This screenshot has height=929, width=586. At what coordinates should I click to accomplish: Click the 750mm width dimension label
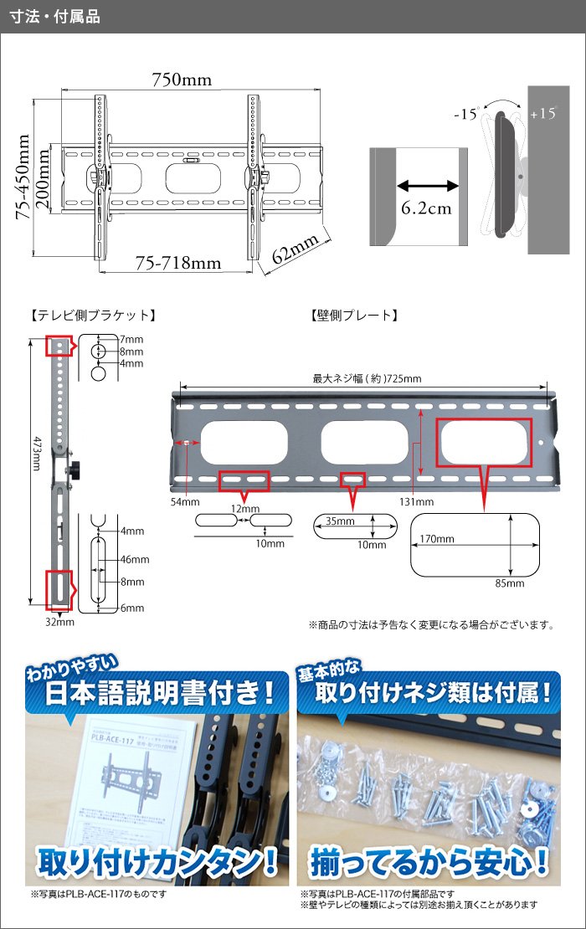[x=181, y=80]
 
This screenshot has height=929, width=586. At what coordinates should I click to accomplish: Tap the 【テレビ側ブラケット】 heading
[x=91, y=316]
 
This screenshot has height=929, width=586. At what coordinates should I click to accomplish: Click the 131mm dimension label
[x=416, y=502]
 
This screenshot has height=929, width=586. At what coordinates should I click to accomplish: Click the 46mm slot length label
[x=134, y=560]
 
